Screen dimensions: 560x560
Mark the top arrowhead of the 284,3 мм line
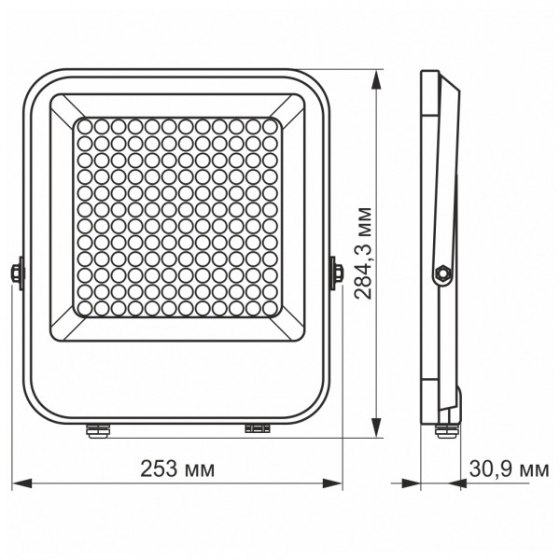tap(375, 77)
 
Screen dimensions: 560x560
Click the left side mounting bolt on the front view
tap(16, 273)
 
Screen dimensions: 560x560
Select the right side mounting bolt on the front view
tap(338, 273)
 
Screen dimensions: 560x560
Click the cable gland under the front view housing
tap(96, 429)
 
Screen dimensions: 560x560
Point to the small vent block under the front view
tap(256, 428)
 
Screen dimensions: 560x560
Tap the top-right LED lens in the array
tap(272, 125)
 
